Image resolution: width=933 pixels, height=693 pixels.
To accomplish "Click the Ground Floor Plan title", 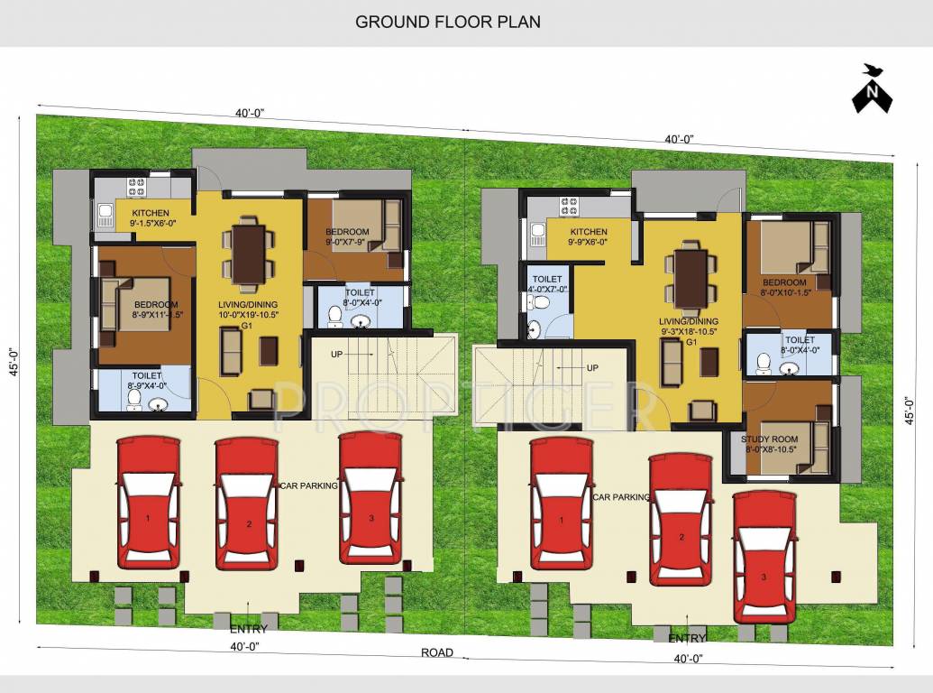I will (x=448, y=21).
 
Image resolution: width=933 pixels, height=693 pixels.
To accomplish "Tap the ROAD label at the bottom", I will (x=438, y=652).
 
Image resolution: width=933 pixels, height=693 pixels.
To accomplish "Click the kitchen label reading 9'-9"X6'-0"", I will (x=588, y=237).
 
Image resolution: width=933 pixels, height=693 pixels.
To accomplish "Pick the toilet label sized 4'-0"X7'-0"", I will (x=548, y=284).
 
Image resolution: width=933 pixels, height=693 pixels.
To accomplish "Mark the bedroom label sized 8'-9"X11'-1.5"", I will (x=144, y=310).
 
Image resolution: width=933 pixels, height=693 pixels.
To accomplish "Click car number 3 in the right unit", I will (x=764, y=556).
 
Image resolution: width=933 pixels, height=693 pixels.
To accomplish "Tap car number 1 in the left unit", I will (x=148, y=504).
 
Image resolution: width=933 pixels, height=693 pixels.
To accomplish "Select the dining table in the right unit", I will (x=691, y=277).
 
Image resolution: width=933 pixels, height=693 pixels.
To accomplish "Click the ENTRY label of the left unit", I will (x=248, y=628).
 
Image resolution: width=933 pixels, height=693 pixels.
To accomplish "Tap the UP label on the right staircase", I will (x=592, y=367).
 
